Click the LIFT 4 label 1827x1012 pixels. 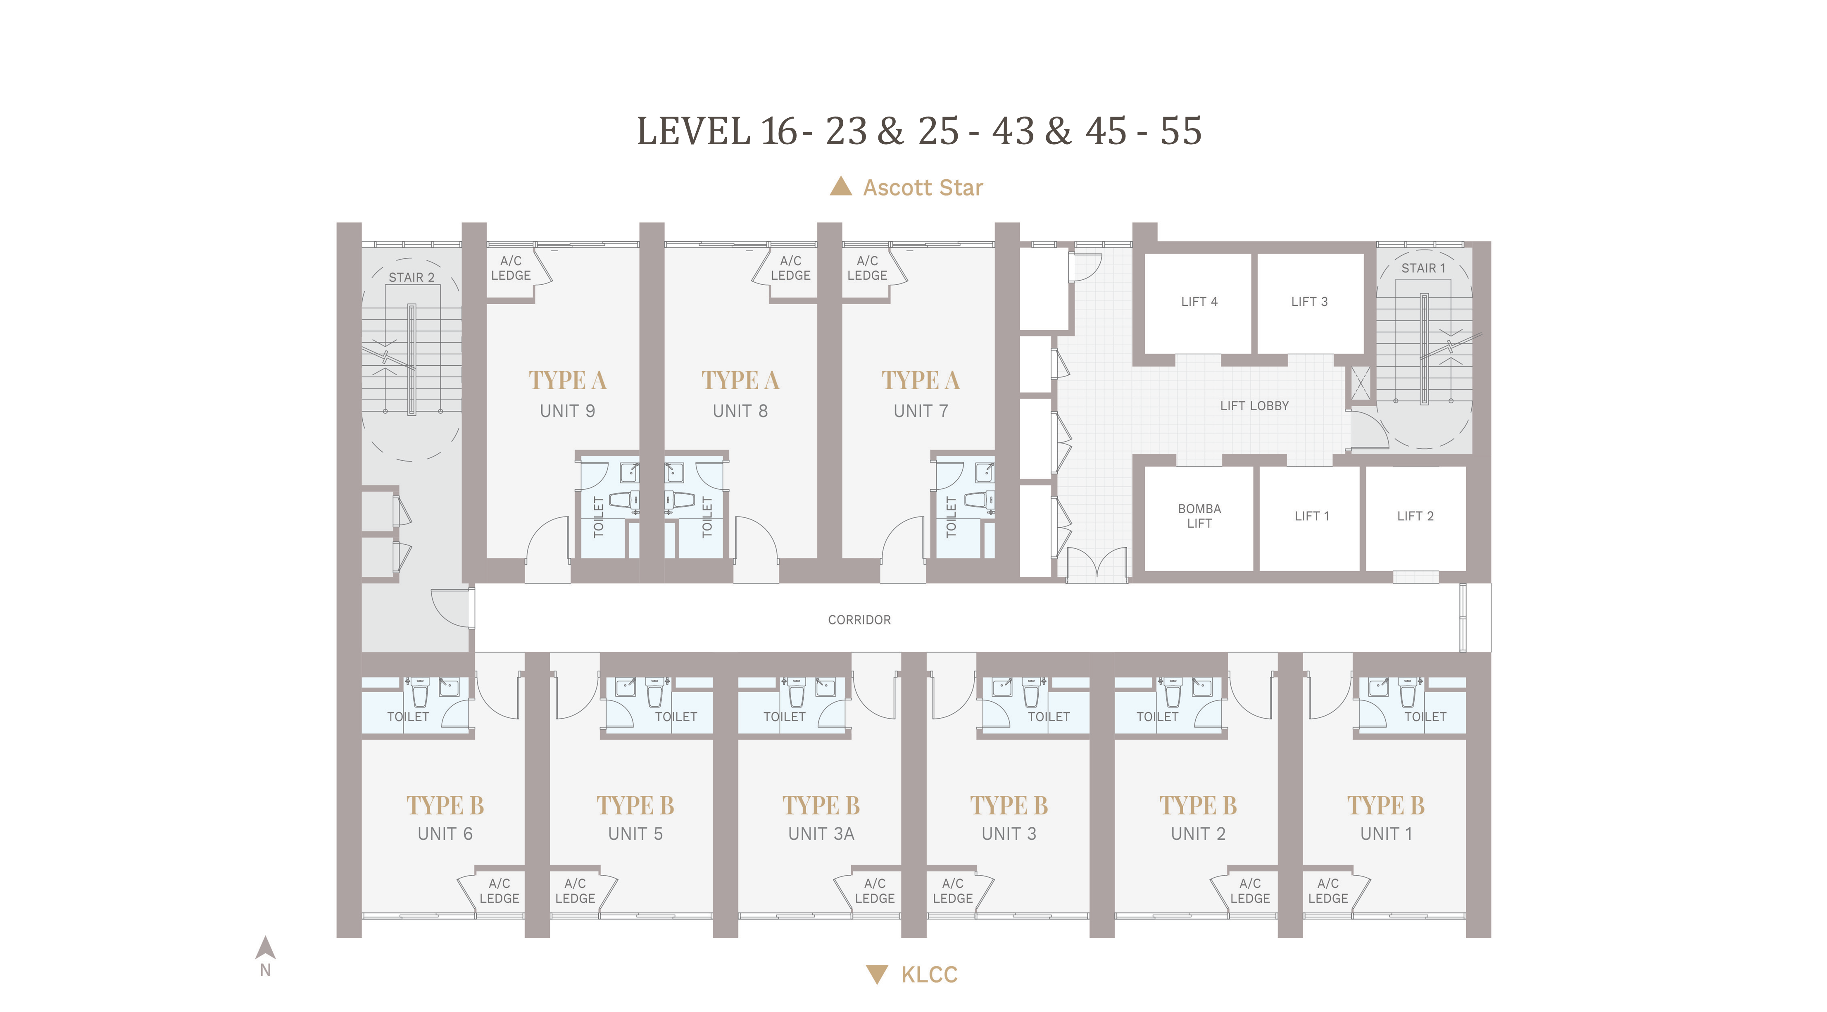click(x=1199, y=301)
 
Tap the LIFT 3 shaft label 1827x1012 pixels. click(x=1309, y=301)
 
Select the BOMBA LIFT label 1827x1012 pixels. click(x=1199, y=516)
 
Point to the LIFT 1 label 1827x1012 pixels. click(x=1311, y=516)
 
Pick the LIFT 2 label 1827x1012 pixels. click(x=1415, y=516)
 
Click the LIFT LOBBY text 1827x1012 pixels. click(x=1254, y=406)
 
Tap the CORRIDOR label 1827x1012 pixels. click(x=859, y=620)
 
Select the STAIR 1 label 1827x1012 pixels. click(x=1423, y=268)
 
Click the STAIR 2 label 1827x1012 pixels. click(x=412, y=277)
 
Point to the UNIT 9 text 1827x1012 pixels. click(x=567, y=411)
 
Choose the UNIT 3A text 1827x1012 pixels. click(x=821, y=834)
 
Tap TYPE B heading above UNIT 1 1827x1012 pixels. click(x=1386, y=806)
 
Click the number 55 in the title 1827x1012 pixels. click(x=1181, y=131)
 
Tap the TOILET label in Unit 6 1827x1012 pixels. click(x=408, y=717)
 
